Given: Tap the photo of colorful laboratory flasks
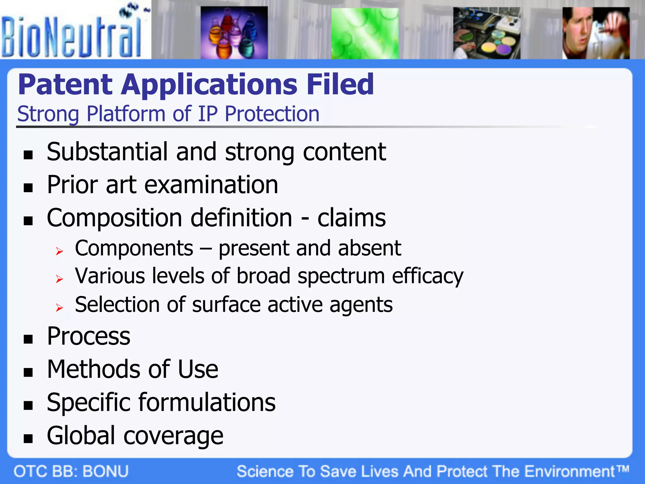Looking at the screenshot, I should [234, 33].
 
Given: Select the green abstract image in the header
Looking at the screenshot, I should [365, 33].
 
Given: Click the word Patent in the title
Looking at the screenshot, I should [65, 84].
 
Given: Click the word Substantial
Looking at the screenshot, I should [107, 152].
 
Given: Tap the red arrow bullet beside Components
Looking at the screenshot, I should [59, 251].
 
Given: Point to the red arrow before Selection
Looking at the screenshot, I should [59, 307].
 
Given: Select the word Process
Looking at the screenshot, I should [88, 336].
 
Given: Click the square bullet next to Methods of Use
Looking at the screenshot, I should [28, 372].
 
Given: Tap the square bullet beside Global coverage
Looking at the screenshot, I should [28, 438].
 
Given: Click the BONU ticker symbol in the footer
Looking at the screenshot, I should [106, 471].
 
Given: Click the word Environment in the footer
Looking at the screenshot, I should [570, 471].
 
